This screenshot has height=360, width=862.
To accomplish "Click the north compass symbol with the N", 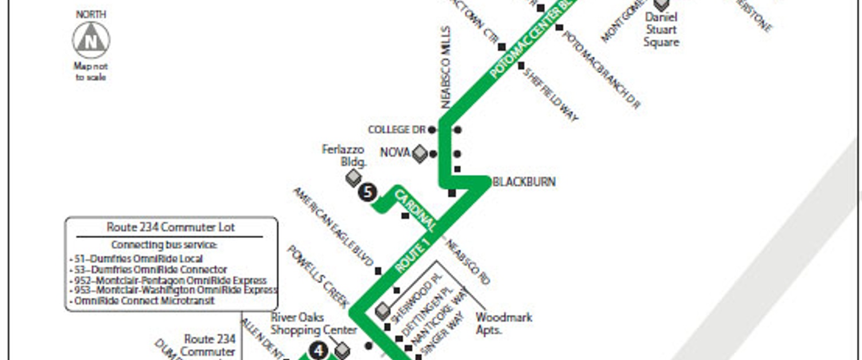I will (91, 41).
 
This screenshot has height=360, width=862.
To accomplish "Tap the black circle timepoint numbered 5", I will (367, 192).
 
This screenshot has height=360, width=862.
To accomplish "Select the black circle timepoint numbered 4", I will (318, 350).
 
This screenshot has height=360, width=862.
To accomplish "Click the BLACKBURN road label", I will (524, 182).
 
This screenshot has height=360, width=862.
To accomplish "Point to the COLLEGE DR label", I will (397, 130).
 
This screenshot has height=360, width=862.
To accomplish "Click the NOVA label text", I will (395, 153).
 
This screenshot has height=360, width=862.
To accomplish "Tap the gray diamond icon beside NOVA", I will (420, 153).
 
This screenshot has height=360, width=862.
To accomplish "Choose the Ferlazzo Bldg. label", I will (343, 156).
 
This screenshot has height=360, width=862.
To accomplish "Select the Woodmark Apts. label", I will (504, 323).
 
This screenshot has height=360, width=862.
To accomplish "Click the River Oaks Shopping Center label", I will (313, 324).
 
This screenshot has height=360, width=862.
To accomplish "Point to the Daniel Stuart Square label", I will (661, 30).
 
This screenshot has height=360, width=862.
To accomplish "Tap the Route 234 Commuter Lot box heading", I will (171, 227).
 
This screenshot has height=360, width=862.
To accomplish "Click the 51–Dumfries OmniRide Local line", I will (139, 259).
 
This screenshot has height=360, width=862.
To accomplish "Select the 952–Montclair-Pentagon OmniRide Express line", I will (171, 280).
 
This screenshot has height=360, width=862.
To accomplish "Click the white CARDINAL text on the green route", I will (415, 209).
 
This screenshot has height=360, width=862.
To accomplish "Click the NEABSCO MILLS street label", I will (447, 68).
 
